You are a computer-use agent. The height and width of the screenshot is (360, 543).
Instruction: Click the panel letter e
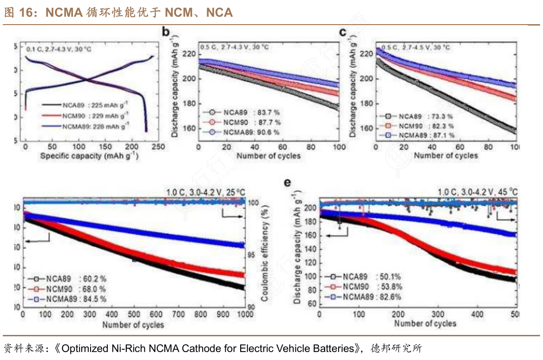[x=287, y=182]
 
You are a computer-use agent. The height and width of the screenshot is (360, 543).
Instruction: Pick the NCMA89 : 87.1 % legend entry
[x=417, y=135]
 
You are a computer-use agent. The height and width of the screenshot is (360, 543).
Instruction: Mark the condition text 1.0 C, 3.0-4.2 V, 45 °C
[x=478, y=191]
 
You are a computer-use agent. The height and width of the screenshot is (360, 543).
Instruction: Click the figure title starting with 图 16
[x=118, y=13]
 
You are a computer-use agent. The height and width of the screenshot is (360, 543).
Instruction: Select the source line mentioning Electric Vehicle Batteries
[x=212, y=348]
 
